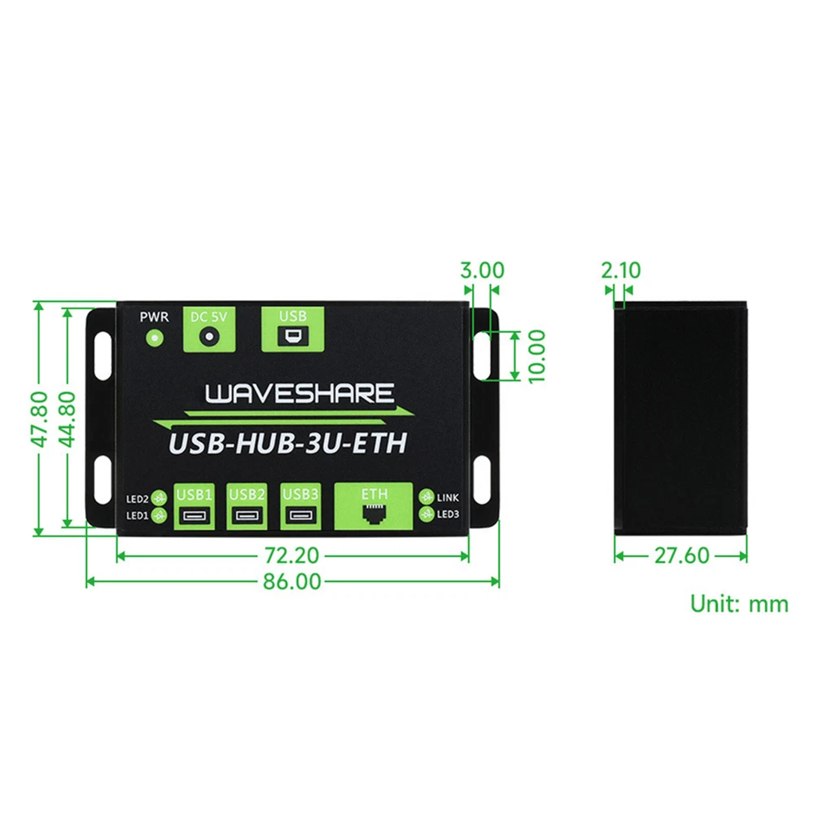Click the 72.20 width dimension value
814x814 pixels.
coord(291,555)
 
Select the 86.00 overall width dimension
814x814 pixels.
coord(291,581)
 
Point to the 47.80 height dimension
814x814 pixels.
coord(39,419)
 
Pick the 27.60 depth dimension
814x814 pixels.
coord(681,555)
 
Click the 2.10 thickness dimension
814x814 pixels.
coord(621,270)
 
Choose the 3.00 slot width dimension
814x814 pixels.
coord(482,270)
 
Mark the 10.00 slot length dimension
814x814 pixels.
coord(536,357)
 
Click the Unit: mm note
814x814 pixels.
coord(739,604)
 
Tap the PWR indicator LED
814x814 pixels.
coord(154,339)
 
